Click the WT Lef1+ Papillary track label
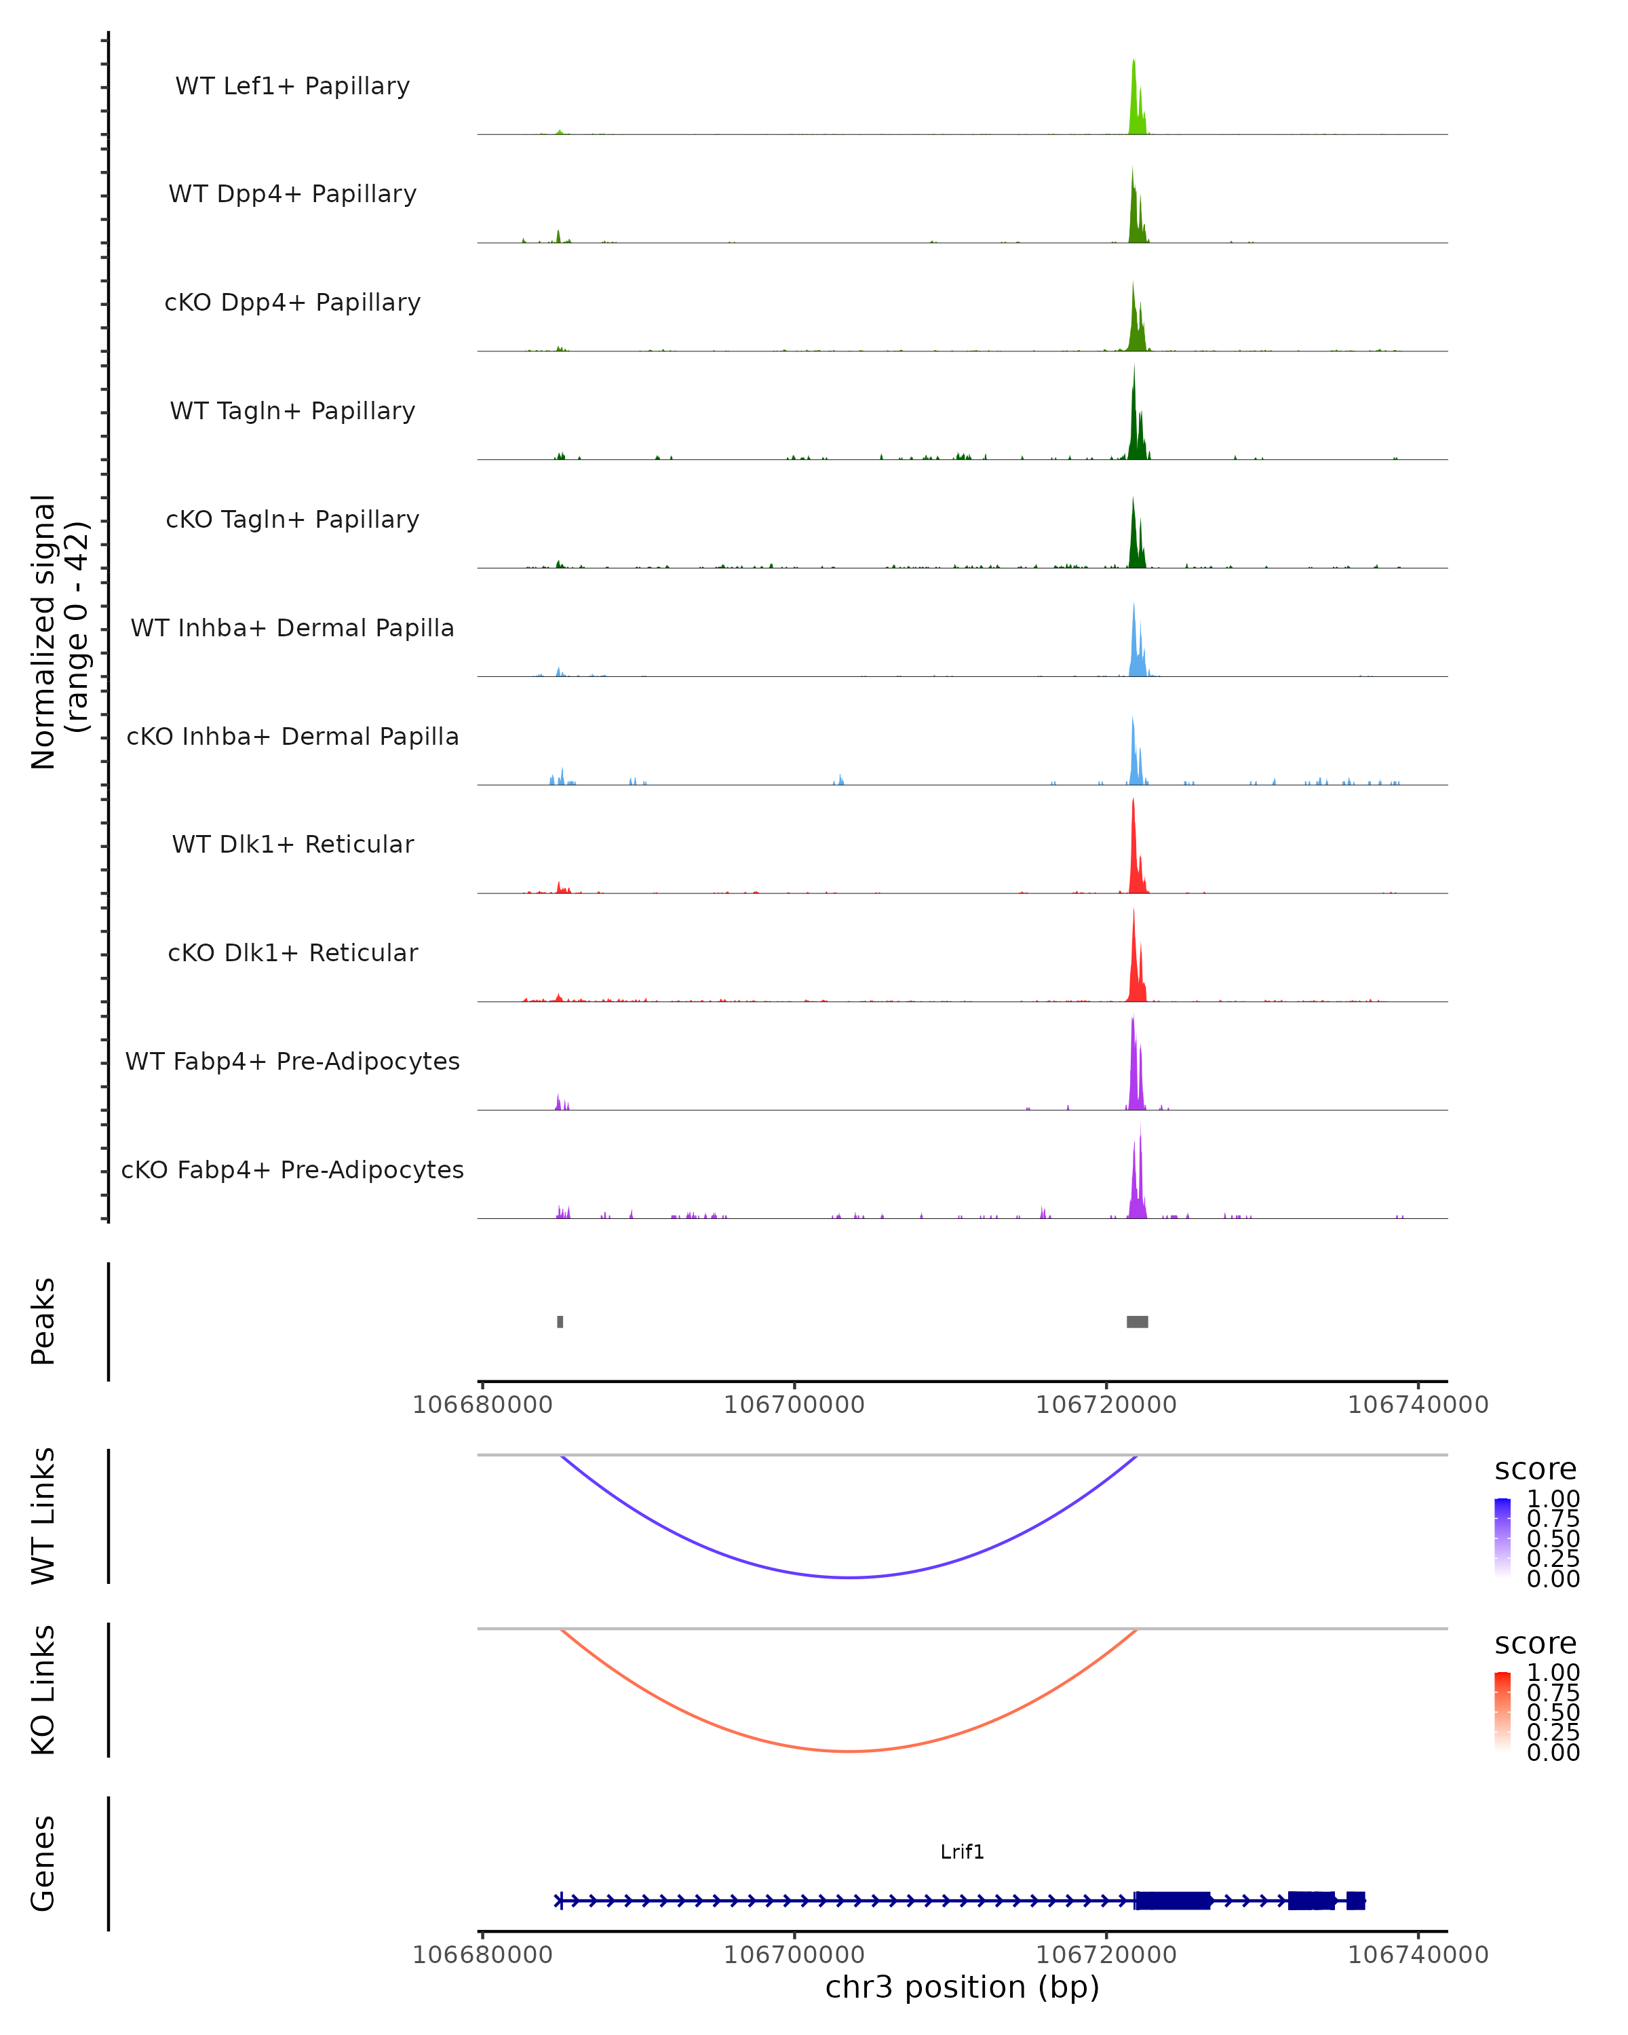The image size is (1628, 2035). (x=292, y=86)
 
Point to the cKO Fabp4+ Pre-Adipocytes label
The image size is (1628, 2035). (x=292, y=1169)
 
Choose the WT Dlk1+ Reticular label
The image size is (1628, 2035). (x=292, y=844)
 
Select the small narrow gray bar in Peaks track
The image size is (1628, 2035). (x=560, y=1321)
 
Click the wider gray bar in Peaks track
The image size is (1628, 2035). (x=1138, y=1321)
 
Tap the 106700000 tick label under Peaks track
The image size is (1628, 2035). (x=794, y=1405)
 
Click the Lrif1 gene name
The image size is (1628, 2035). (x=962, y=1852)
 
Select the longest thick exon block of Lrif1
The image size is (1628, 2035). (x=1172, y=1901)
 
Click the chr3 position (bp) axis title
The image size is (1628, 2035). (x=962, y=1988)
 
